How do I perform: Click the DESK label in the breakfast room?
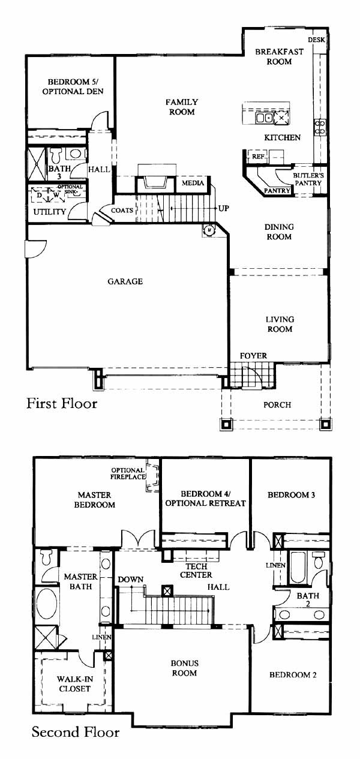[x=316, y=40]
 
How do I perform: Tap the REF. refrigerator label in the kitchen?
[x=258, y=157]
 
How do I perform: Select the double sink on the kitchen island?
[x=265, y=118]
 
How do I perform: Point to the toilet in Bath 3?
[x=56, y=155]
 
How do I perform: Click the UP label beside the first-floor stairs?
[x=223, y=208]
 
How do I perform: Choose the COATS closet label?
[x=122, y=210]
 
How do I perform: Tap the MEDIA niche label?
[x=193, y=183]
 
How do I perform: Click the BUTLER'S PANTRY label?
[x=308, y=179]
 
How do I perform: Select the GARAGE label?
[x=125, y=281]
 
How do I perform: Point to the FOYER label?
[x=253, y=355]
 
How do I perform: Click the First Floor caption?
[x=62, y=403]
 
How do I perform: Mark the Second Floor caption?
[x=76, y=732]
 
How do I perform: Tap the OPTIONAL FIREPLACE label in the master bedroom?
[x=128, y=473]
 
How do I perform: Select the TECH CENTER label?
[x=196, y=571]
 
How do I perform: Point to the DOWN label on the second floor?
[x=131, y=580]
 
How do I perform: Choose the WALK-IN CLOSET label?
[x=74, y=684]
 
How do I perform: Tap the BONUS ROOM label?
[x=184, y=668]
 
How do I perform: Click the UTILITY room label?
[x=49, y=212]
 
